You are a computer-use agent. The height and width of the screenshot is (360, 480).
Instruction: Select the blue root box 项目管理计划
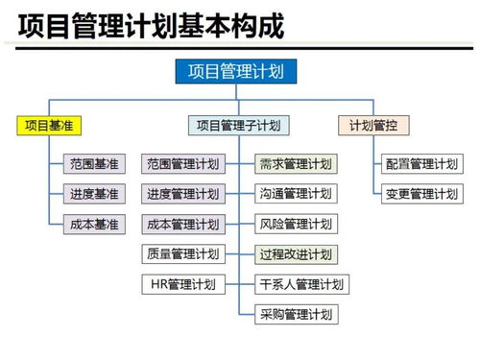point(236,71)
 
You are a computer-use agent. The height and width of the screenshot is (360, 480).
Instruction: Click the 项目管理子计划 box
point(238,125)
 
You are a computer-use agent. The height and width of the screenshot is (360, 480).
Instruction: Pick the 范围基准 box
point(94,164)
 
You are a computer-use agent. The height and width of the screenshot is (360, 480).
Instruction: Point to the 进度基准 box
point(94,194)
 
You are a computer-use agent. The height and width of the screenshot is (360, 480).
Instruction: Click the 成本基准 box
point(94,225)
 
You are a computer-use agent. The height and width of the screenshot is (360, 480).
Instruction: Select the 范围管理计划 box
point(182,164)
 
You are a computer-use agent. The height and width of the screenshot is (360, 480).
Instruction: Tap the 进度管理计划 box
point(182,194)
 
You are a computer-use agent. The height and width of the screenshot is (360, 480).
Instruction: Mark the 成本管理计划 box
point(182,225)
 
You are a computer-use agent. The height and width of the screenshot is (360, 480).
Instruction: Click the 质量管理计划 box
point(182,254)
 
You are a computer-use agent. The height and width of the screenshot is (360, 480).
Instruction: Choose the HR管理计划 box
point(182,284)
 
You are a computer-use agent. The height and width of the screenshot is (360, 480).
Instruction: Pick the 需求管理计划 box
point(296,164)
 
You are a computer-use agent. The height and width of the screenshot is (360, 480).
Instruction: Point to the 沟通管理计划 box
point(296,194)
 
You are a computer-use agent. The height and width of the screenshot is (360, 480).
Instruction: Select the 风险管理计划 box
point(296,225)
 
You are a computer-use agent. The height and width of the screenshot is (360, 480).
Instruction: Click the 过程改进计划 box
point(296,254)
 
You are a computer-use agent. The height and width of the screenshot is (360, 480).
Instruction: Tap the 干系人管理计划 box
point(300,284)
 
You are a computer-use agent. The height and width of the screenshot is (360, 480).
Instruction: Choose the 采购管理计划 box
point(296,314)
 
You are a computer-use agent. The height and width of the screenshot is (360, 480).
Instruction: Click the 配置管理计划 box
point(420,164)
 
